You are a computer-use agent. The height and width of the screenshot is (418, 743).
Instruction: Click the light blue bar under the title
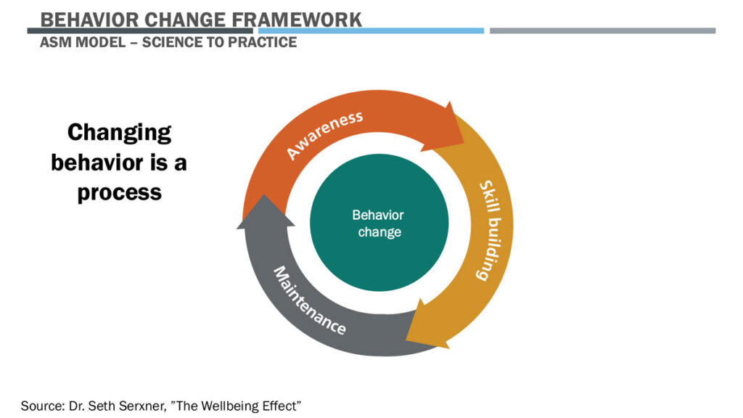[x=371, y=30]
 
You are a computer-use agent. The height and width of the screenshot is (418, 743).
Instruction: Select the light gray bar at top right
[x=602, y=30]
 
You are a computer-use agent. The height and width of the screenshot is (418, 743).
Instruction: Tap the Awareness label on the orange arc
[x=324, y=135]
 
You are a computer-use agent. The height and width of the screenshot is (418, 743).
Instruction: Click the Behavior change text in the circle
[x=379, y=224]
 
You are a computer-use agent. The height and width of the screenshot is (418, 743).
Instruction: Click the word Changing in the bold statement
[x=119, y=132]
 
